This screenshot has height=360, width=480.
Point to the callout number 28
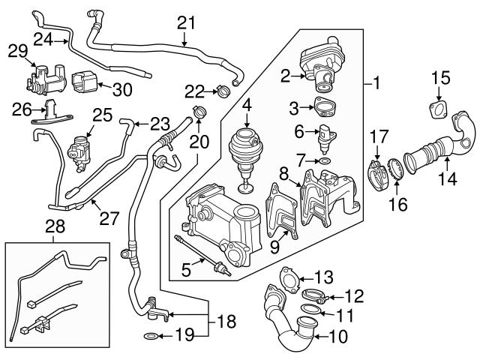coord(55,226)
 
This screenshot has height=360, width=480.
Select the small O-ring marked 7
coord(322,161)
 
